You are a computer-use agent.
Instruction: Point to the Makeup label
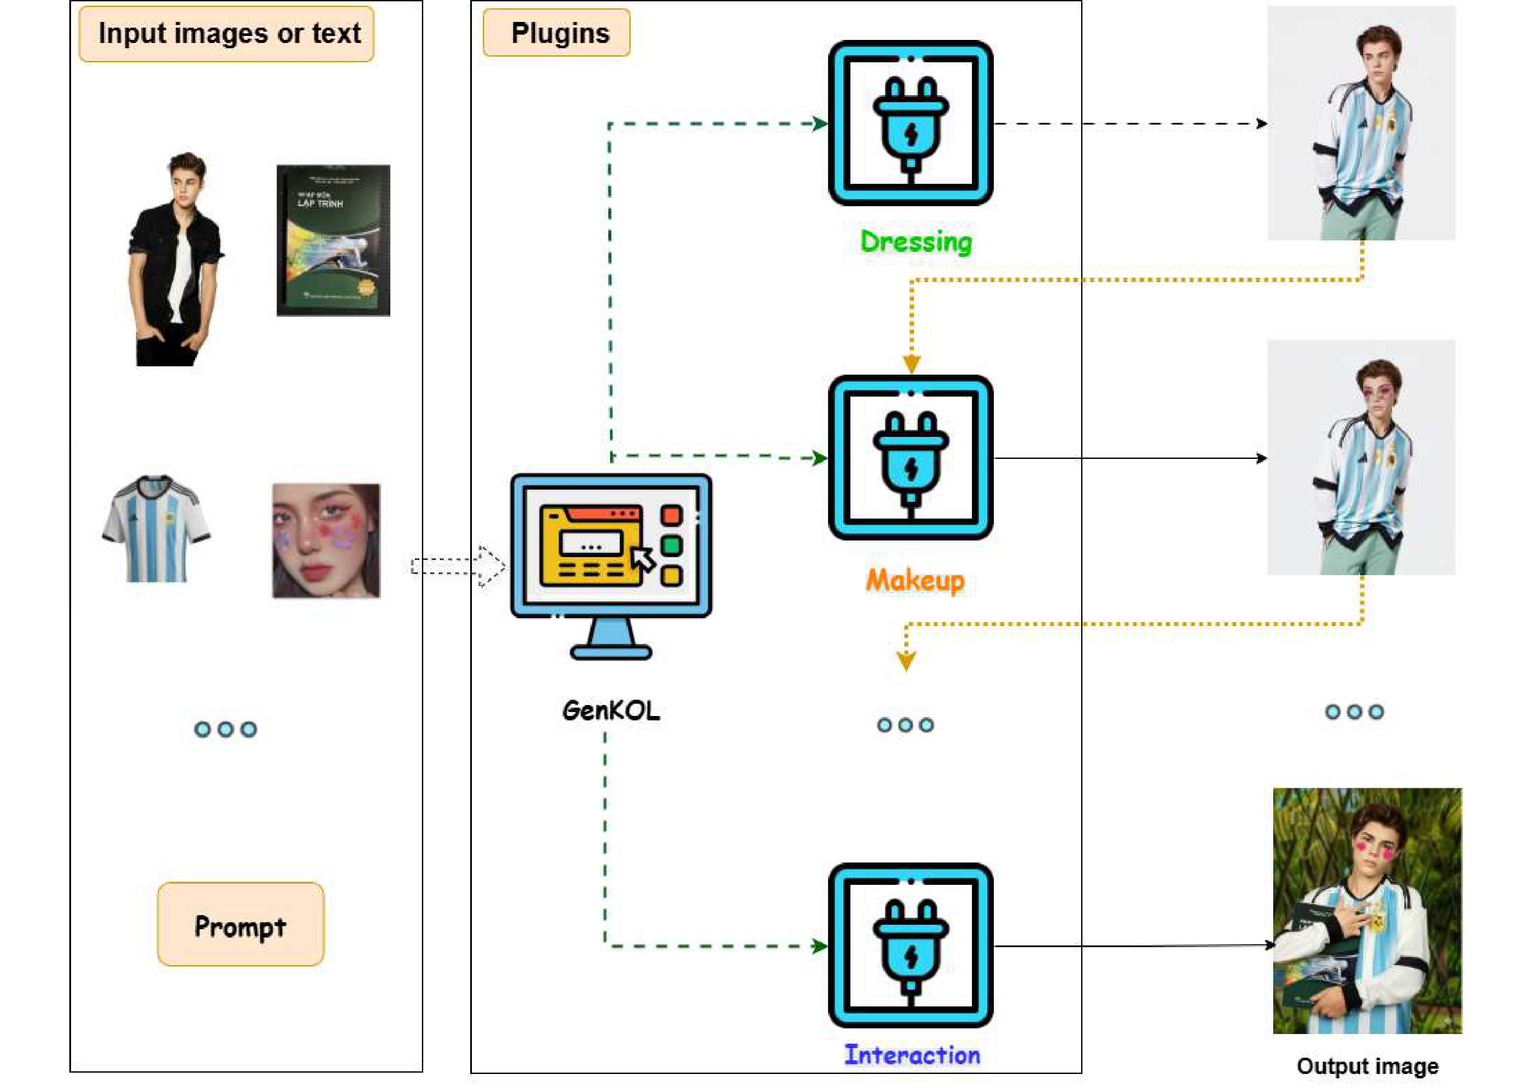coord(915,580)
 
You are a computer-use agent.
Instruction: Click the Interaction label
coord(912,1055)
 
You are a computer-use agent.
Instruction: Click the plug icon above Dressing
coord(910,123)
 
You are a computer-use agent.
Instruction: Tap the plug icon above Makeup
coord(910,458)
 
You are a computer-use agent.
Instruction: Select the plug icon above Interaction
coord(910,946)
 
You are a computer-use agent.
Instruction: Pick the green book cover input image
coord(333,240)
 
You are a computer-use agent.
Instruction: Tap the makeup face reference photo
coord(326,540)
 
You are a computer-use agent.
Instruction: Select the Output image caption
coord(1368,1066)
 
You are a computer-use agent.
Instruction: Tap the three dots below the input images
coord(225,730)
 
